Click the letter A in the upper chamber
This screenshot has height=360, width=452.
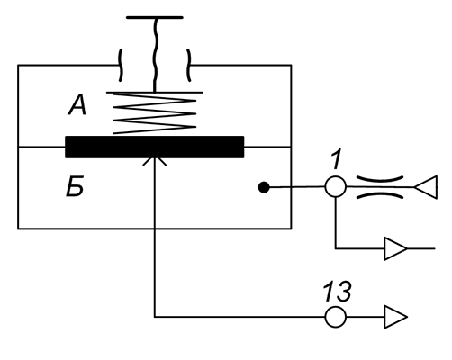(x=77, y=105)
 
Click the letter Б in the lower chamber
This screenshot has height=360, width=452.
(x=75, y=187)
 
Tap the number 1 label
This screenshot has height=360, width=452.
(x=337, y=160)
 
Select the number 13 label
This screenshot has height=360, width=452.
(x=337, y=291)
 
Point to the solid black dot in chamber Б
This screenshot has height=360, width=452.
(x=264, y=187)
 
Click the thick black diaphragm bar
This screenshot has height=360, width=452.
(x=155, y=147)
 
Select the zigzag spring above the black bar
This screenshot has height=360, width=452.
(x=154, y=113)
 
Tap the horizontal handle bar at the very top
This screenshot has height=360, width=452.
(x=155, y=18)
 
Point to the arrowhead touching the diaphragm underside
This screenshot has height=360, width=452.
(x=155, y=159)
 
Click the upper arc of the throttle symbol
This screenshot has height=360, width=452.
(x=380, y=179)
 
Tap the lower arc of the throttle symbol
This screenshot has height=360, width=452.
(x=380, y=195)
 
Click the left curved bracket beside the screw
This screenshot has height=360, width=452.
(x=121, y=65)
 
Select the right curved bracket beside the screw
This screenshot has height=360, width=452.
(x=189, y=65)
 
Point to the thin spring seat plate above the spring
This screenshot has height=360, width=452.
(x=155, y=93)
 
